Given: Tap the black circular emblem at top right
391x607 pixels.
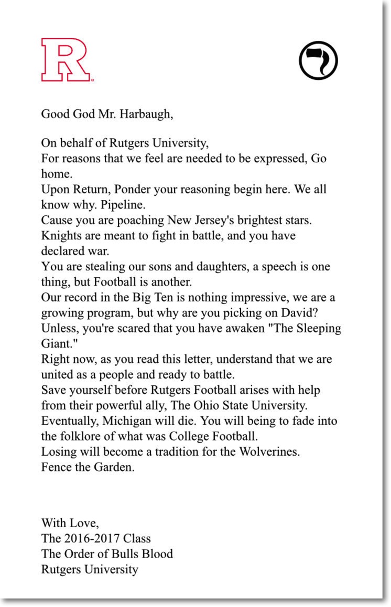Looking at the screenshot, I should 318,60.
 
